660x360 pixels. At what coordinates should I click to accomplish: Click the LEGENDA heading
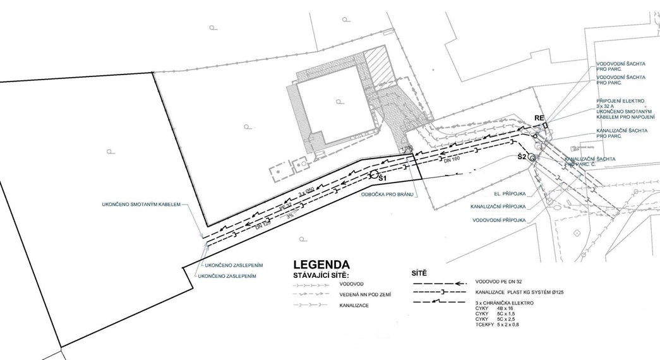321,265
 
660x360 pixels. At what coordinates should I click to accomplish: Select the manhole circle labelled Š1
374,174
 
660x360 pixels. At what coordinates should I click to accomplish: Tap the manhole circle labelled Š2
532,158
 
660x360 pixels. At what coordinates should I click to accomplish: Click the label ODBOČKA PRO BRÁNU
387,194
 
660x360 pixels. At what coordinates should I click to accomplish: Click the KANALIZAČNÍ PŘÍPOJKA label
498,207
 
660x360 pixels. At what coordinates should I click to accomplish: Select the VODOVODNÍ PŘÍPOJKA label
500,220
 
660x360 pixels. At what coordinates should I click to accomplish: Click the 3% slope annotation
290,215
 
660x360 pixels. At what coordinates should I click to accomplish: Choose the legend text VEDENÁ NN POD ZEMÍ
364,295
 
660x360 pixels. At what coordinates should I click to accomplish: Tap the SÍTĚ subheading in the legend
419,273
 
